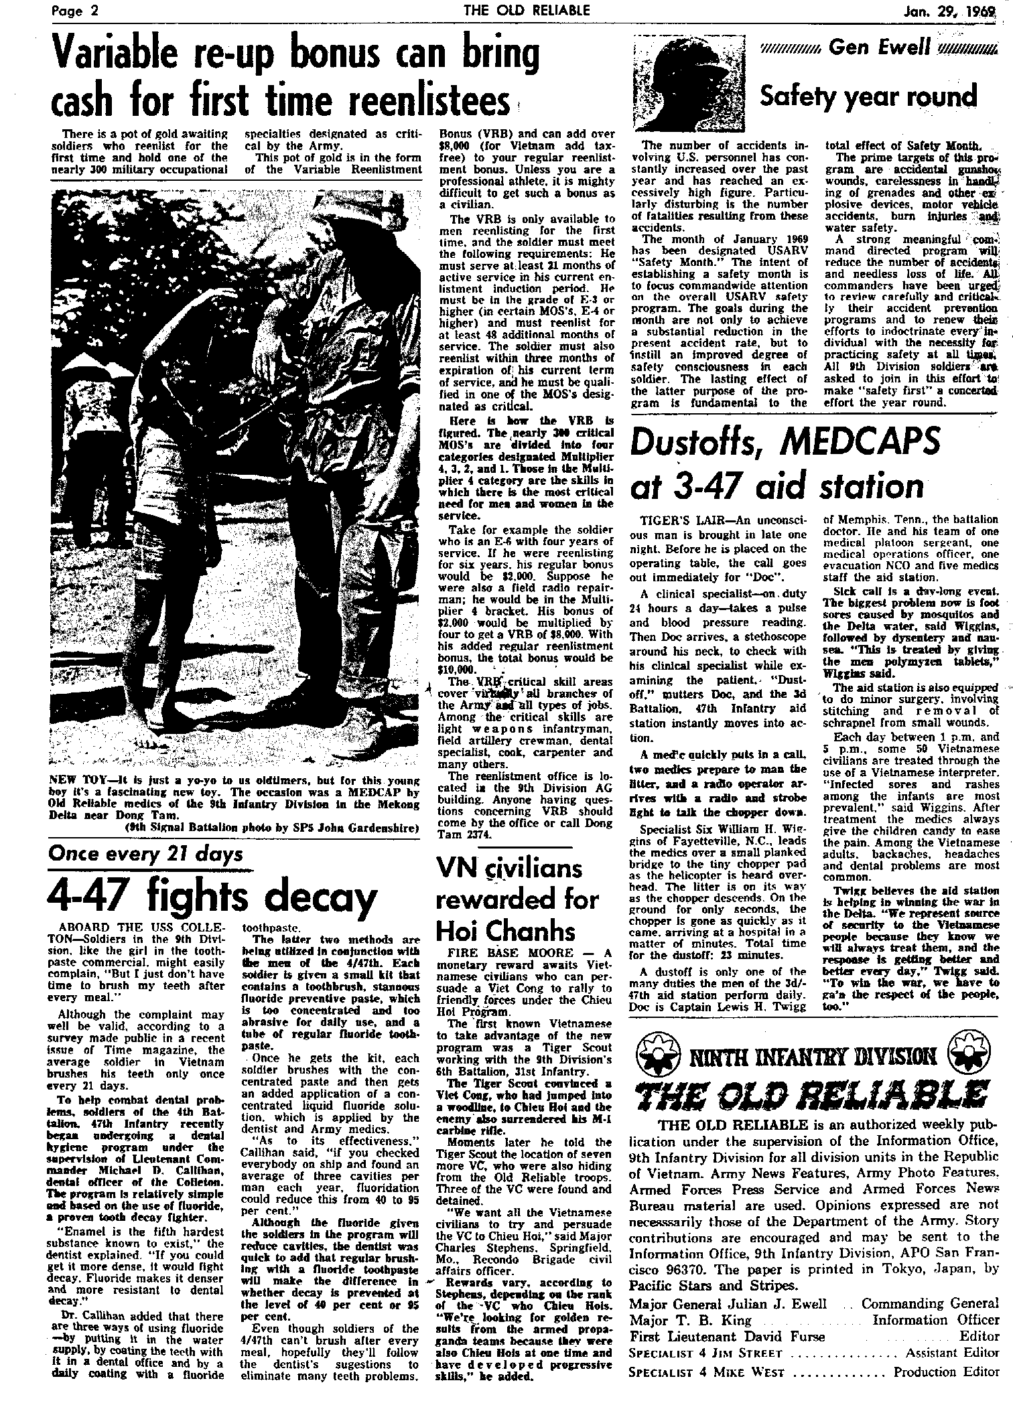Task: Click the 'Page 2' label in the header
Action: [76, 10]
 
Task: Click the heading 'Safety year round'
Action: [868, 96]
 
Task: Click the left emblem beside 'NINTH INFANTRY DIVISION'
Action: [653, 1057]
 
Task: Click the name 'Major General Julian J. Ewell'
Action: [728, 1303]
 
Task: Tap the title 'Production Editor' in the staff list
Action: [946, 1372]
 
